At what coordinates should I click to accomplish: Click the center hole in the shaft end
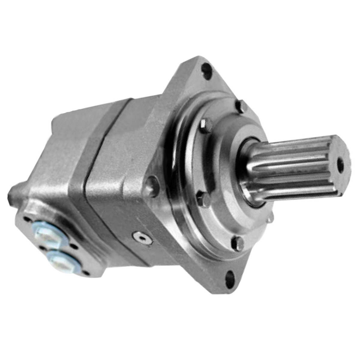coord(340,164)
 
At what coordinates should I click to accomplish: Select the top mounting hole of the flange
coord(206,70)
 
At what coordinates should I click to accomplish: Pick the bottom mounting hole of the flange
coord(230,279)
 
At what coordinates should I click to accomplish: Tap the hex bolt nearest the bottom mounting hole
coord(238,243)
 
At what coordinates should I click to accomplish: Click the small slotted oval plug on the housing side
coord(142,238)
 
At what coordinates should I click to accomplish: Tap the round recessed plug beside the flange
coord(152,186)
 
